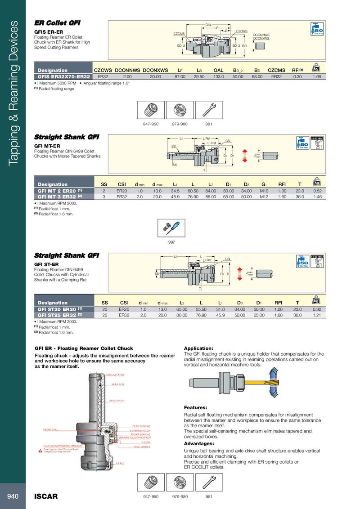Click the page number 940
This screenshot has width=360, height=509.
coord(13,496)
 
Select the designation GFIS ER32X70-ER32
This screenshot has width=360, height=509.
coord(62,76)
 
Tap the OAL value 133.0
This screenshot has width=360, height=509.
coord(218,76)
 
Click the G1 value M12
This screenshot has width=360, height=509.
coord(264,196)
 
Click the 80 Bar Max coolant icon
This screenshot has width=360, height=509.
coord(318,28)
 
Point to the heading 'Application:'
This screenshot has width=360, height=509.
coord(198,348)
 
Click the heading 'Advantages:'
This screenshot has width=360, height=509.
coord(199,443)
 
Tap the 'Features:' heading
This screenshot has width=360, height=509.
coord(196,407)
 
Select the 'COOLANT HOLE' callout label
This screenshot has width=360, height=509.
coord(115,374)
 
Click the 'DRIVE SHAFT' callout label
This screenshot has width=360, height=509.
coord(117,400)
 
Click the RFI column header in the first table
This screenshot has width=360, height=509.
coord(297,70)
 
